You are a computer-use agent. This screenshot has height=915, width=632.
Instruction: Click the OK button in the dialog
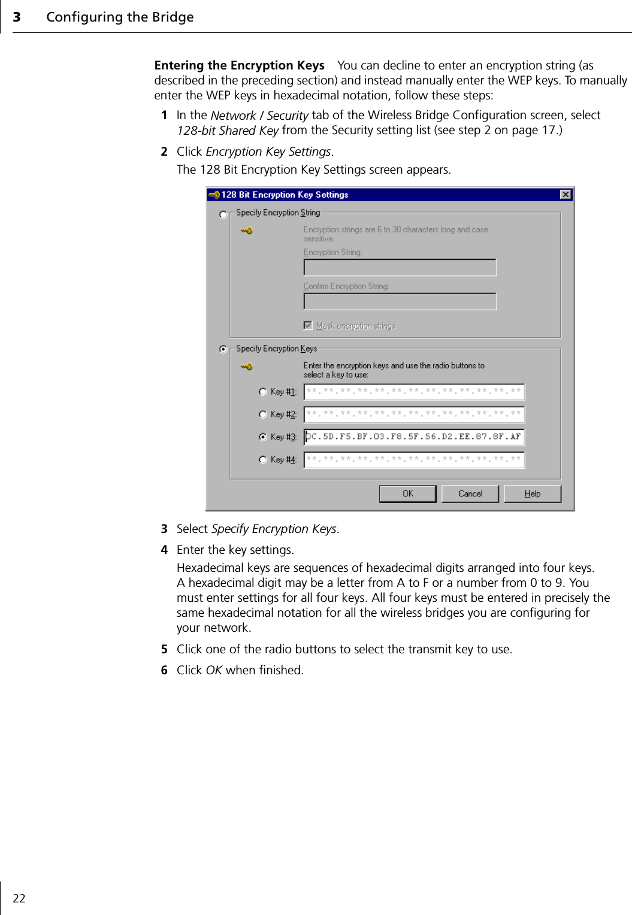[x=407, y=493]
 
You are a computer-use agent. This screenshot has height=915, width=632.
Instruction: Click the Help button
[x=532, y=493]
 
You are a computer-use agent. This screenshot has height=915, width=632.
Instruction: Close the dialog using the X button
[x=565, y=195]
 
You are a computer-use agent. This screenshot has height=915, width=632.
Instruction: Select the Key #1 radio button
[x=263, y=392]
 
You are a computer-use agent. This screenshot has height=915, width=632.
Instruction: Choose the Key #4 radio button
[x=263, y=460]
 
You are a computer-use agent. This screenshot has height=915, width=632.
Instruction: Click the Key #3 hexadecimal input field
[x=414, y=437]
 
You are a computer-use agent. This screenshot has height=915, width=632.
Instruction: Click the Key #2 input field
[x=414, y=414]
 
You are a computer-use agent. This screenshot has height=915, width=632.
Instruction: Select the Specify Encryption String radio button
[x=223, y=214]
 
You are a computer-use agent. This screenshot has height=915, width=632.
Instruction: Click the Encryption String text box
[x=400, y=268]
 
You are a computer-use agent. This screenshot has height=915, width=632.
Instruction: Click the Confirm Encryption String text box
[x=400, y=302]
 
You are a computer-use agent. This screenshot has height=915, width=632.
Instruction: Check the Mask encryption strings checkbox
[x=308, y=326]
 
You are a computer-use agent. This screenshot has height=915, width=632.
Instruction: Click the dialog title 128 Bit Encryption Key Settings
[x=285, y=195]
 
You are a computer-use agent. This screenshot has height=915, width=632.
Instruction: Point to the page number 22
[x=19, y=898]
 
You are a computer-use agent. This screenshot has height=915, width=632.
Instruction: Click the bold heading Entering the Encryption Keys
[x=239, y=65]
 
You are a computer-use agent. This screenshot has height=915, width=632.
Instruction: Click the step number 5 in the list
[x=164, y=650]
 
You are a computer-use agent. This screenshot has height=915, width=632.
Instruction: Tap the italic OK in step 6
[x=214, y=671]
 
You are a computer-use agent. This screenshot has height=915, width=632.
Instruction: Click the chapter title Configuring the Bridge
[x=120, y=17]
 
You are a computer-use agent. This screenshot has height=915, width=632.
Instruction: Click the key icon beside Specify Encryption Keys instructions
[x=247, y=366]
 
